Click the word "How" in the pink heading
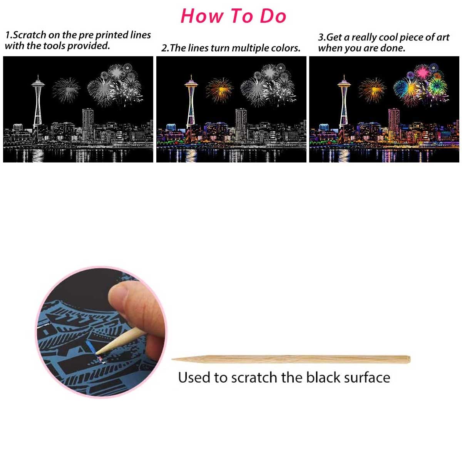coord(202,16)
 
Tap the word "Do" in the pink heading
coord(273,16)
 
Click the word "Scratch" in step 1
coord(29,35)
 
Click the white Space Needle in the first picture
coord(38,102)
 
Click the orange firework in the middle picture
coord(219,90)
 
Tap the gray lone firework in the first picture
coord(66,90)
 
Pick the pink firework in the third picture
coord(422,72)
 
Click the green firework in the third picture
coord(438,85)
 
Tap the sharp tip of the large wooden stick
coord(172,359)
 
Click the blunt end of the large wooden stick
coord(409,359)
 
